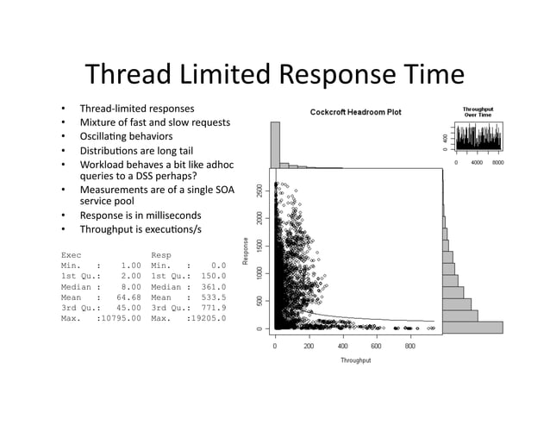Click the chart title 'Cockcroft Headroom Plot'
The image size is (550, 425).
(355, 112)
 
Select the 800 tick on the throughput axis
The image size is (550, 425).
(410, 346)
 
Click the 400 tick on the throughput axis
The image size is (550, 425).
(343, 346)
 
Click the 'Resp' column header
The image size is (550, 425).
(161, 255)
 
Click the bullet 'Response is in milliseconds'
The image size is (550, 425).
(141, 215)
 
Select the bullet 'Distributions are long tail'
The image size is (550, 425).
(136, 150)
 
